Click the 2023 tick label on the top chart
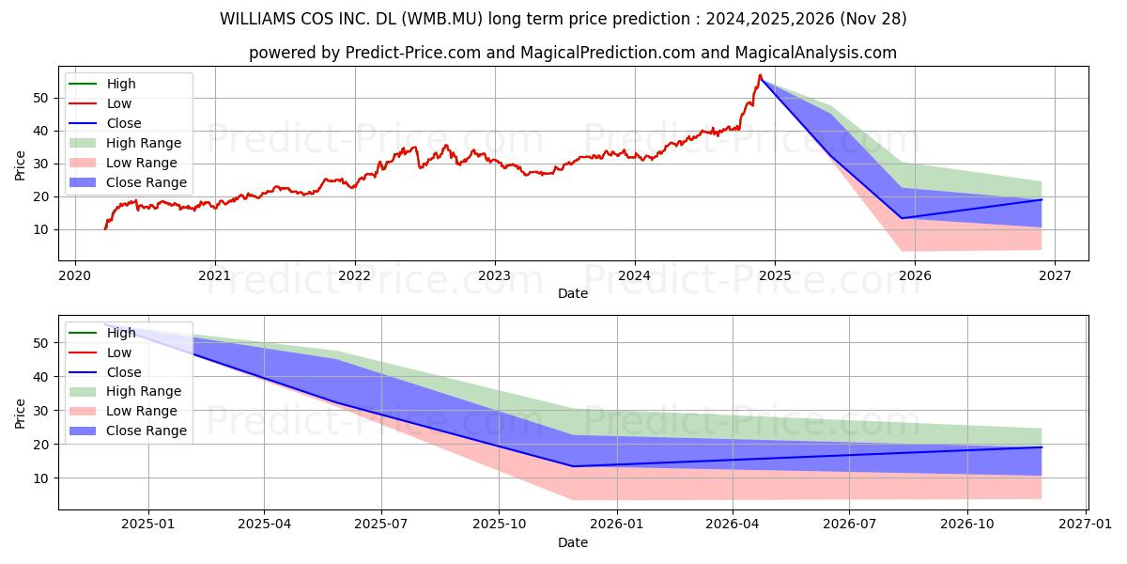(x=494, y=275)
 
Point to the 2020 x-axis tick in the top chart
(x=74, y=275)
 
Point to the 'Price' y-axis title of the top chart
(x=21, y=164)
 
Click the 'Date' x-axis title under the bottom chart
(x=573, y=542)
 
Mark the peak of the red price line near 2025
(x=760, y=75)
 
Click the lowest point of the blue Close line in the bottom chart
(x=573, y=466)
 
